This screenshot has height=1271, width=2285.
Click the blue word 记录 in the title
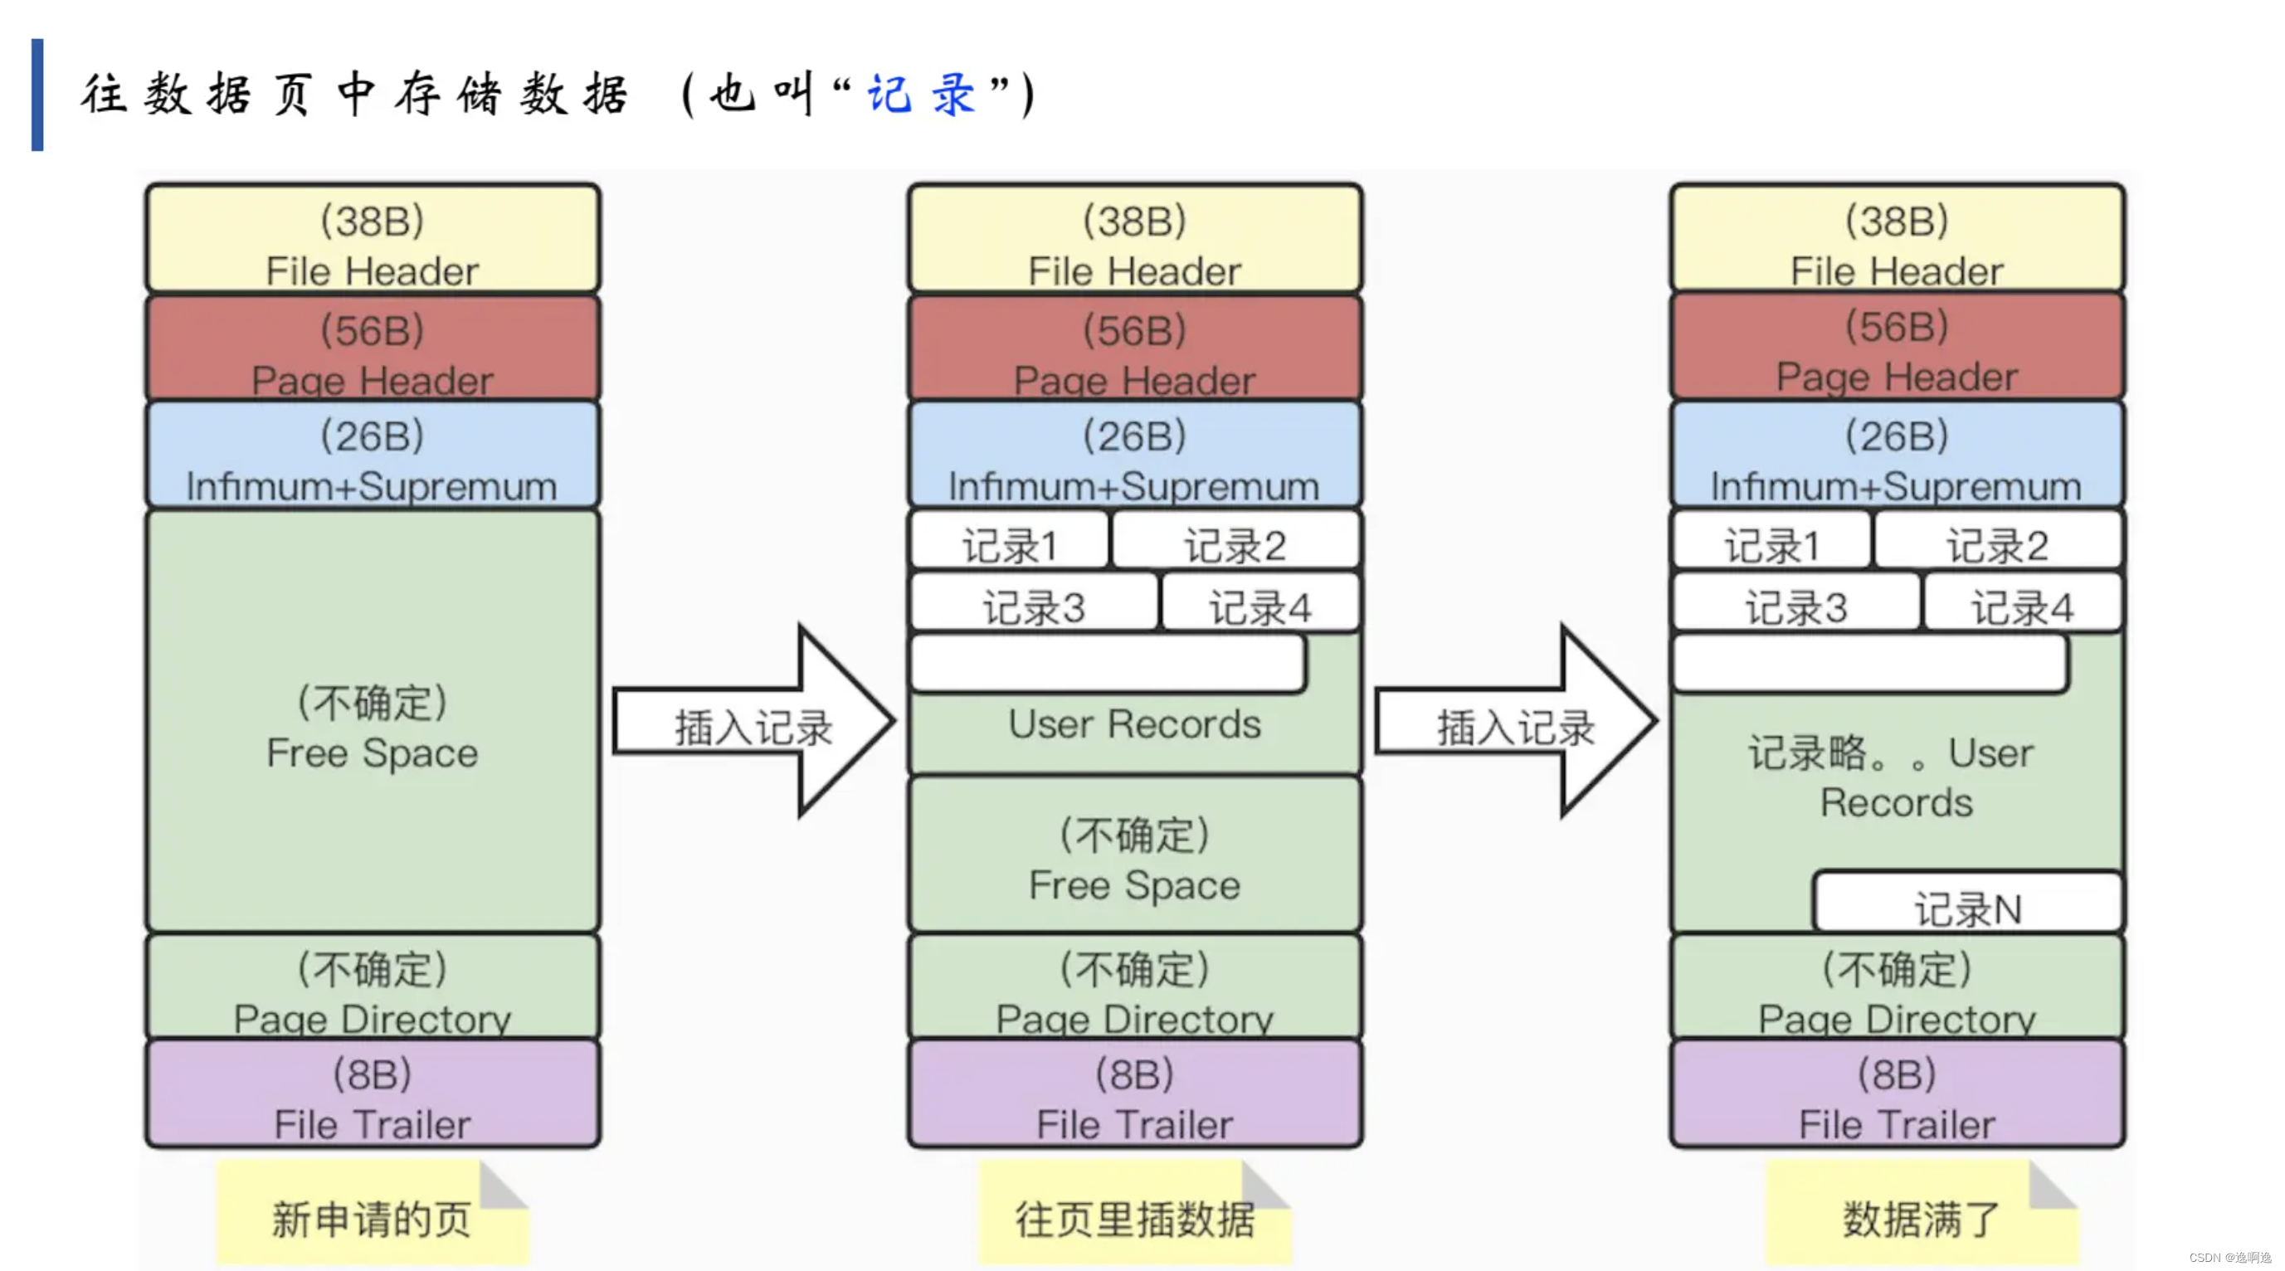[922, 93]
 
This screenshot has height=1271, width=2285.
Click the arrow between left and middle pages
[754, 721]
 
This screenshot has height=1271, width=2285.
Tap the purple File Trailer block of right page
[1897, 1094]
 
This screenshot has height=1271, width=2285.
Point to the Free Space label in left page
[373, 752]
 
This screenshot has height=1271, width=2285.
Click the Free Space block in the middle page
[1134, 856]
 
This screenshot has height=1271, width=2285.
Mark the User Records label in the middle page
[1134, 723]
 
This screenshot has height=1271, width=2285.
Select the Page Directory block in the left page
[373, 986]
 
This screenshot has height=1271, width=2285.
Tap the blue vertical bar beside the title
[37, 94]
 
